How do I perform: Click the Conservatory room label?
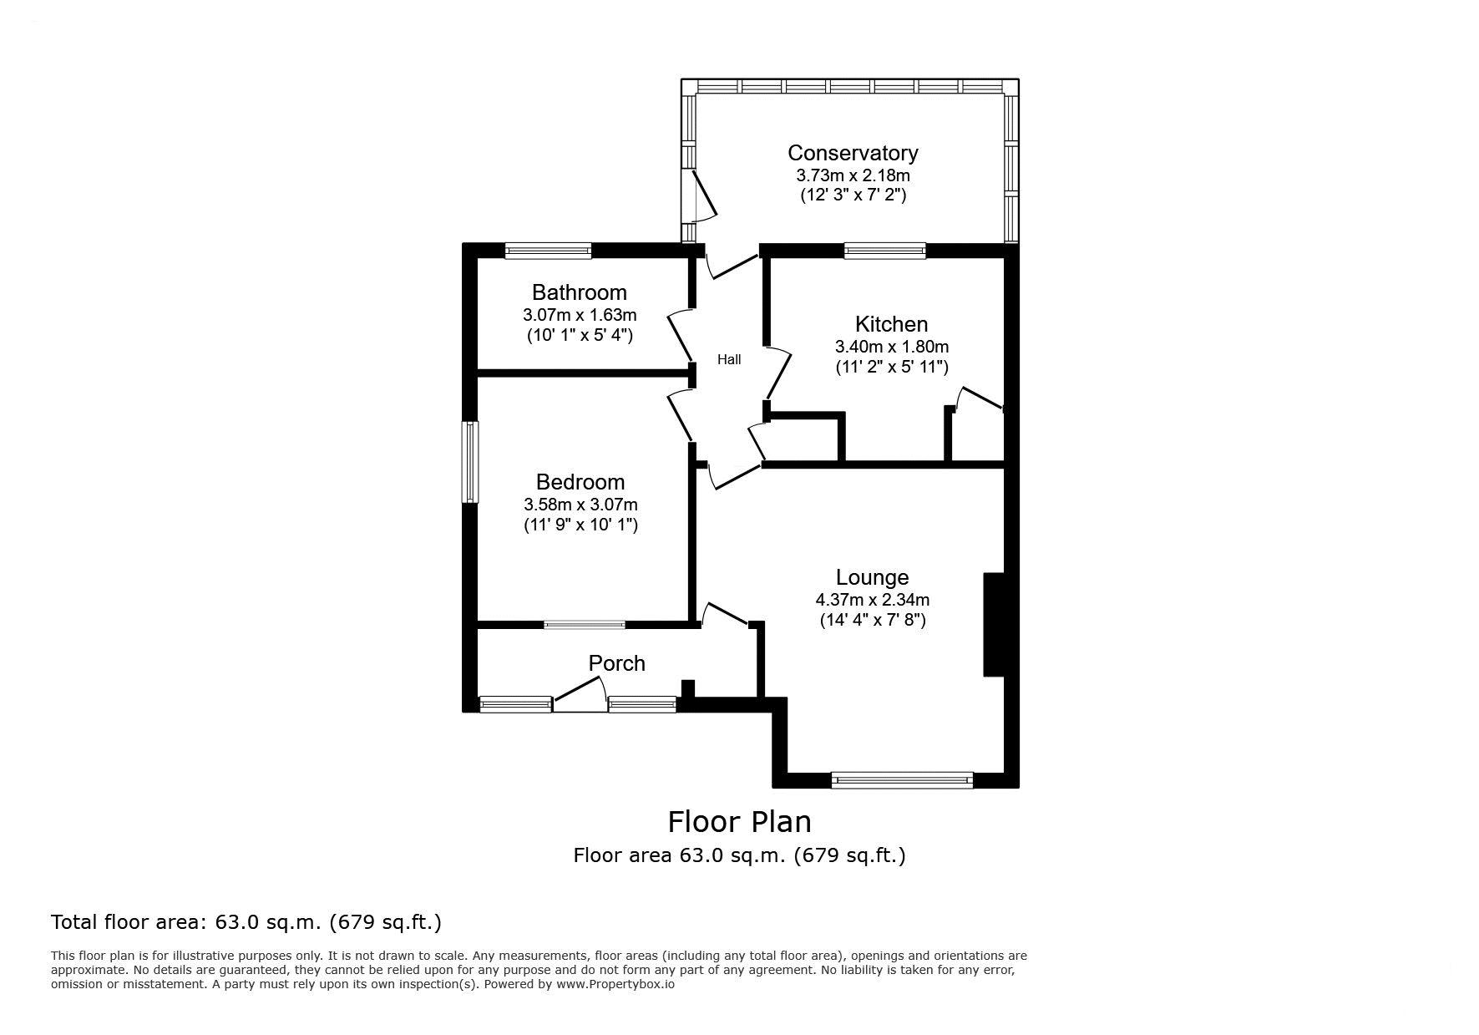[853, 153]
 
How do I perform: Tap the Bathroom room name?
[580, 292]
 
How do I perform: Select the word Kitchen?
[891, 324]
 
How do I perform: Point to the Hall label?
[729, 360]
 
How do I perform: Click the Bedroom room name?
[580, 482]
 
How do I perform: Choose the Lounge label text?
[872, 577]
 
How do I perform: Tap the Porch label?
[617, 663]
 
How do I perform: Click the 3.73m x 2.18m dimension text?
[853, 176]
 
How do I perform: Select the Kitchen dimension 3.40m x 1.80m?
[892, 347]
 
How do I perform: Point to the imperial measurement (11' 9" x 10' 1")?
[580, 525]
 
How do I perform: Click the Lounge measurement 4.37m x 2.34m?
[873, 600]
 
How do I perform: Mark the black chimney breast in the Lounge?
[994, 624]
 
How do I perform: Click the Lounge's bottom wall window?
[902, 780]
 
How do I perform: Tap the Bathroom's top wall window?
[549, 250]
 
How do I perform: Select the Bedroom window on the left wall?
[471, 462]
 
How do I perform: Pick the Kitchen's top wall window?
[885, 250]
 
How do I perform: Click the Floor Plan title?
[739, 822]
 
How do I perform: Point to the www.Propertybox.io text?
[615, 984]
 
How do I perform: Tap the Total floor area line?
[246, 922]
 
